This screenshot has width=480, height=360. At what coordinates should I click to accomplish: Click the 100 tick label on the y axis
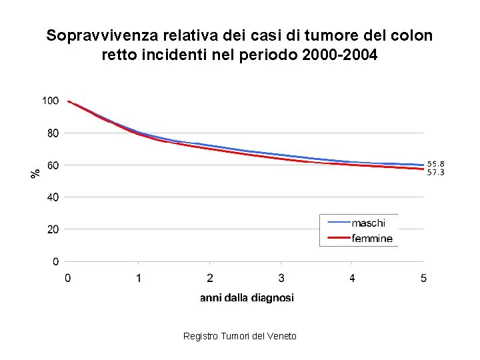click(x=50, y=101)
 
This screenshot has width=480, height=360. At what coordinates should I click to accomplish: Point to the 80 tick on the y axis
click(x=52, y=133)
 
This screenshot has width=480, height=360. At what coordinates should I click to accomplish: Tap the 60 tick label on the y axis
click(x=52, y=165)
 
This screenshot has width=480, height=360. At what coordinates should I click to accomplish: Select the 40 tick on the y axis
click(x=52, y=197)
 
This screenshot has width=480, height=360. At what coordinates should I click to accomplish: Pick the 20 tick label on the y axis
click(x=52, y=229)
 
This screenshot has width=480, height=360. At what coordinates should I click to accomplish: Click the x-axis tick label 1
click(x=139, y=278)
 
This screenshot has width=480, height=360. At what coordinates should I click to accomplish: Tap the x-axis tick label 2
click(x=210, y=278)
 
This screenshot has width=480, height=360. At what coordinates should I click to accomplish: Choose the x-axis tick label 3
click(x=281, y=278)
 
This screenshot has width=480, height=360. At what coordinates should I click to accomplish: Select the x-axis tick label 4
click(x=352, y=278)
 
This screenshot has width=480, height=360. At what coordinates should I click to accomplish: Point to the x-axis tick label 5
click(x=423, y=278)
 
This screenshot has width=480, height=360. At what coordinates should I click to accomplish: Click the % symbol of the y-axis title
click(x=35, y=172)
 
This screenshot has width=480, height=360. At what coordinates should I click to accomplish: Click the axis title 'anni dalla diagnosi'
click(x=247, y=298)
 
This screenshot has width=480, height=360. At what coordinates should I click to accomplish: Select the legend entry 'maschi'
click(x=368, y=223)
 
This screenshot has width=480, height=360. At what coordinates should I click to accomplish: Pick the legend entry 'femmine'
click(x=372, y=238)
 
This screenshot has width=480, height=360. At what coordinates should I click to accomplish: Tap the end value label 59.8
click(x=436, y=163)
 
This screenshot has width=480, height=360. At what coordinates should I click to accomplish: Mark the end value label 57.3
click(x=436, y=173)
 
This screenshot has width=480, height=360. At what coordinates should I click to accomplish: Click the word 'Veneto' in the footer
click(x=281, y=336)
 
